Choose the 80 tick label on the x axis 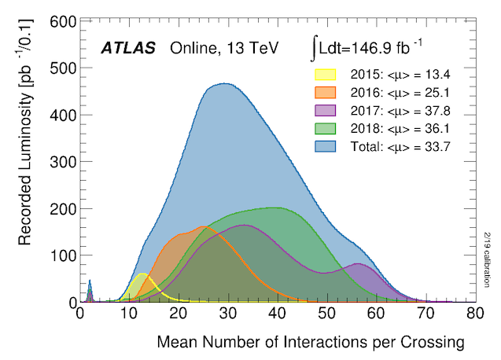pos(474,313)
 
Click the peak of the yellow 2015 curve pos(142,274)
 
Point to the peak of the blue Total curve pos(226,83)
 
